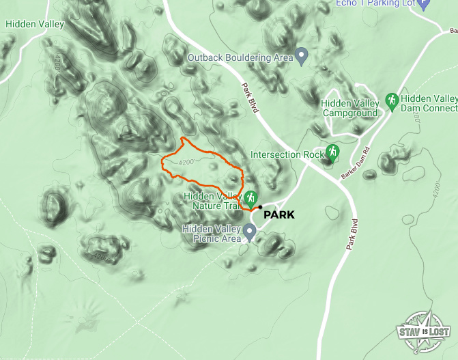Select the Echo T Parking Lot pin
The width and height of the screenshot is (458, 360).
[424, 4]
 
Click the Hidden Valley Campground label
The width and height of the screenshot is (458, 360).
[349, 108]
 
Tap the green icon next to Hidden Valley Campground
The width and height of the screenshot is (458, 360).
[392, 101]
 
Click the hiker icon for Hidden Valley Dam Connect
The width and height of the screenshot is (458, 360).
[392, 101]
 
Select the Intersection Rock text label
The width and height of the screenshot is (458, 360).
[287, 154]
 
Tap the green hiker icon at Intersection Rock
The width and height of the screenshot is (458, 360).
[332, 152]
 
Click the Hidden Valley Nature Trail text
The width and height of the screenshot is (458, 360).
[212, 201]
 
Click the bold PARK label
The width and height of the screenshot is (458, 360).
[278, 214]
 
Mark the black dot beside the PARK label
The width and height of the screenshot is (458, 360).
[260, 206]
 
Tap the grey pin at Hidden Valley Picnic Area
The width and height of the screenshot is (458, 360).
[250, 232]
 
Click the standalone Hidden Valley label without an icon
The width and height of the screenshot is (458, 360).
[34, 25]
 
